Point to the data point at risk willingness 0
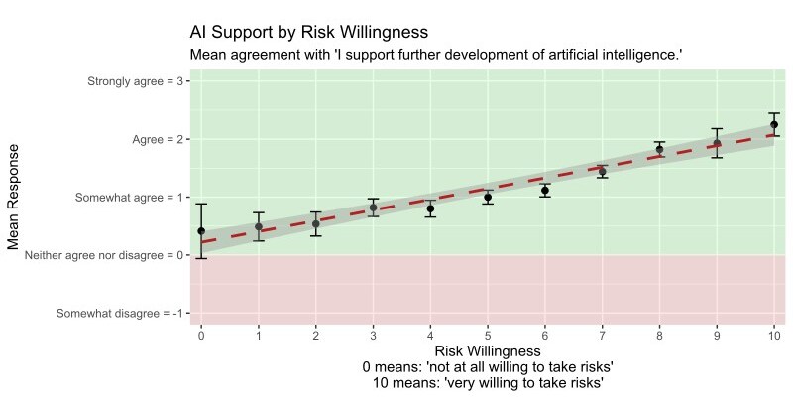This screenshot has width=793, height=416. tap(201, 231)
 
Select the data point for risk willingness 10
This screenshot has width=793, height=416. tap(774, 125)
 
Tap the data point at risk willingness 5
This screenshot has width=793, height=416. tap(488, 198)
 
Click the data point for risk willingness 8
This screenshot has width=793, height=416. tap(659, 149)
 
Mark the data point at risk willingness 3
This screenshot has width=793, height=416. tap(373, 208)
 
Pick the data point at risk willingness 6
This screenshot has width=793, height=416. tap(545, 190)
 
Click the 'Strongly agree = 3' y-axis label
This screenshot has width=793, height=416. tap(135, 81)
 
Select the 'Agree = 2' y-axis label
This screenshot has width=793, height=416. tap(158, 140)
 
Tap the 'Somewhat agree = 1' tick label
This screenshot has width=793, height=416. tap(129, 198)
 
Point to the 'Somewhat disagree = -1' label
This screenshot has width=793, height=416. tap(120, 314)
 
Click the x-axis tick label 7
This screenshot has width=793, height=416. tap(602, 335)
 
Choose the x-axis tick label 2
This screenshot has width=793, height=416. tap(315, 335)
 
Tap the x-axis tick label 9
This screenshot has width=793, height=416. tap(717, 335)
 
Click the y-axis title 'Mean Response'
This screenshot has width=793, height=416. tap(14, 197)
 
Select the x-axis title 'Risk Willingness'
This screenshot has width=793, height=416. tap(487, 350)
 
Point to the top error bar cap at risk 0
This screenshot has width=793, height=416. tap(201, 204)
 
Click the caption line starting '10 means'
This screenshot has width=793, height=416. tap(487, 382)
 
